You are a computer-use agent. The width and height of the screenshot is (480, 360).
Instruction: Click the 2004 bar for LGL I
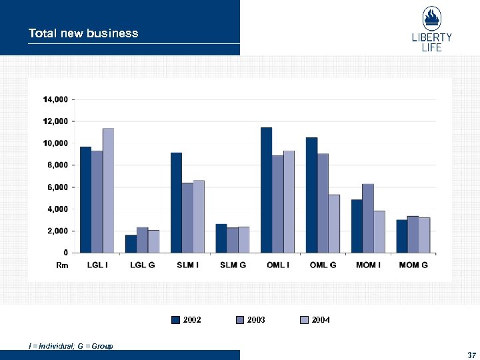click(108, 191)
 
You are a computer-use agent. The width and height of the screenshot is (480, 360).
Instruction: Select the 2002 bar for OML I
click(266, 190)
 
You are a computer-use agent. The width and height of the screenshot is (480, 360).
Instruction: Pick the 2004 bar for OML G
click(333, 223)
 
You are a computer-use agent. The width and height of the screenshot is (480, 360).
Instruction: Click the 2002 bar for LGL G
click(131, 244)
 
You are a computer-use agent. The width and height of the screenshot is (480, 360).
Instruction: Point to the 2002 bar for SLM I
click(176, 203)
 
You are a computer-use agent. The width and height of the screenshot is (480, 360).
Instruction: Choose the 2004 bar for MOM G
click(424, 235)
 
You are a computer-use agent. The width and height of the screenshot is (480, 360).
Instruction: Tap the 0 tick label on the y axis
click(65, 253)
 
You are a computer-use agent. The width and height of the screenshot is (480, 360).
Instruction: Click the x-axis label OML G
click(323, 265)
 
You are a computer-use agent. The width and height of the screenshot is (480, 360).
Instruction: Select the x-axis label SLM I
click(187, 265)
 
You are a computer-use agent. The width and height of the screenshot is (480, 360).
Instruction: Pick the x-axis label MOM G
click(413, 265)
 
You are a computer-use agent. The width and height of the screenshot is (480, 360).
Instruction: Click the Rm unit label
click(62, 265)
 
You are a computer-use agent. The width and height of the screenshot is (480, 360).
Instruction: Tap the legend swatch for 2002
click(176, 320)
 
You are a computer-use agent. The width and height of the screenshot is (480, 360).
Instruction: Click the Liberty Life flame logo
click(431, 19)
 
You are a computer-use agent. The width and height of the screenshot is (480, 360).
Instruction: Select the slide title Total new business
click(83, 33)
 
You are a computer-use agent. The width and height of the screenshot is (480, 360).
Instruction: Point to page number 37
click(471, 353)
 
